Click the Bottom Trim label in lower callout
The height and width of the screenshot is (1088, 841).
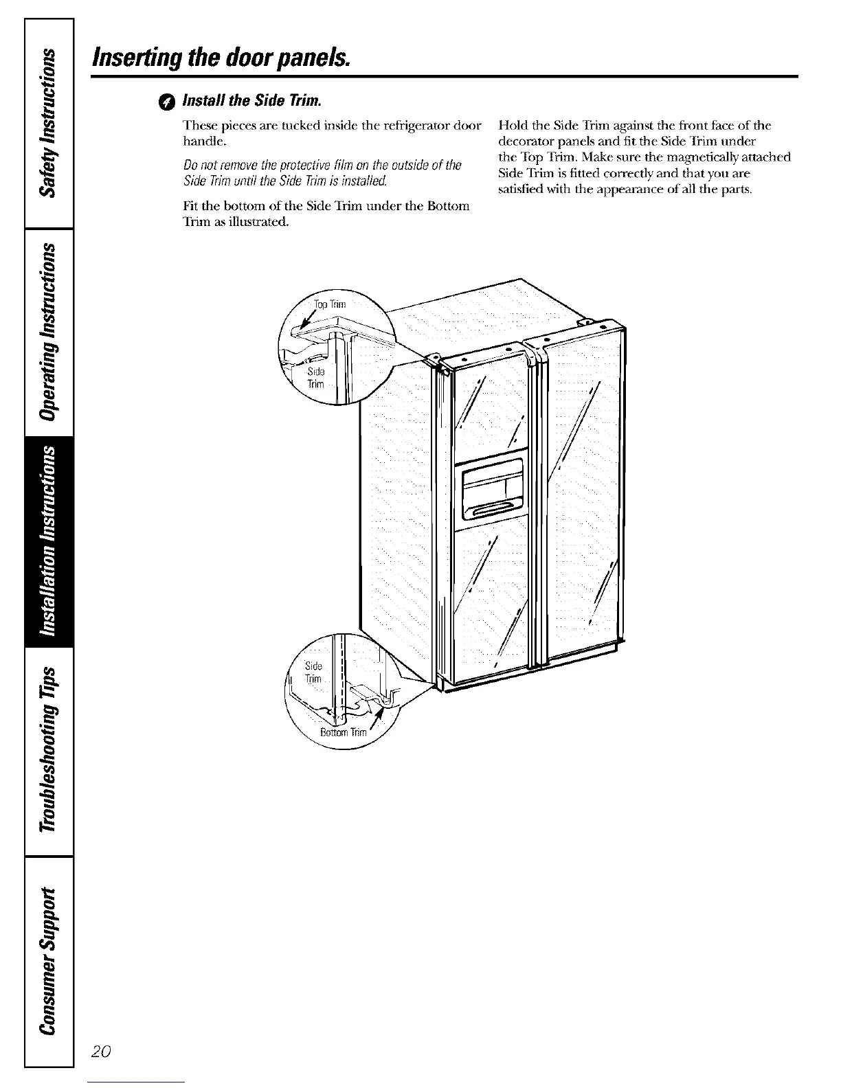pos(344,732)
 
